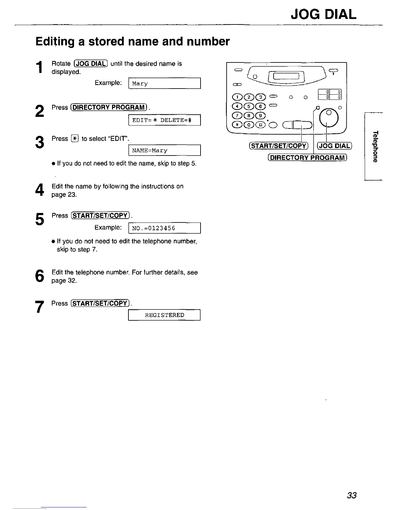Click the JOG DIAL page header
tap(324, 14)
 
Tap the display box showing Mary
tap(164, 83)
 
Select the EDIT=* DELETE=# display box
tap(164, 120)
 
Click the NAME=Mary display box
tap(164, 150)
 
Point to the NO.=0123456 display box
tap(164, 228)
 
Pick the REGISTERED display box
tap(164, 315)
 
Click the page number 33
tap(352, 495)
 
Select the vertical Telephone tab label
tap(374, 146)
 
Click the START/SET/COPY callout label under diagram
tap(278, 146)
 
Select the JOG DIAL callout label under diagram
tap(335, 146)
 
